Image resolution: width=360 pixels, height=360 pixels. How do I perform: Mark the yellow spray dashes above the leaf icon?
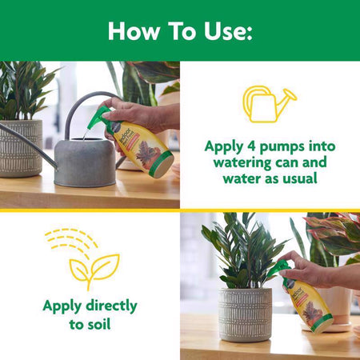click(x=71, y=239)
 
